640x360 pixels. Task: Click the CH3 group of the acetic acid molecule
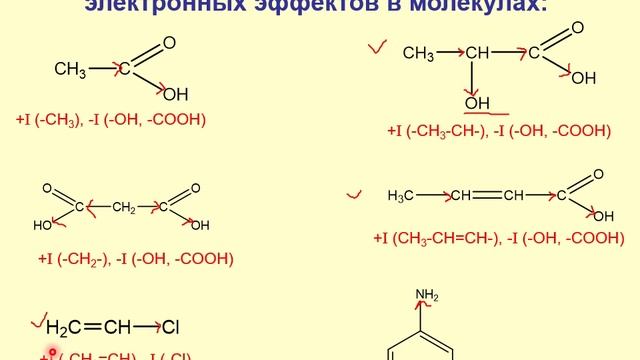coord(70,69)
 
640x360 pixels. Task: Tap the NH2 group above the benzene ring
coord(427,295)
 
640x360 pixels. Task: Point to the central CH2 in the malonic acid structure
coord(124,208)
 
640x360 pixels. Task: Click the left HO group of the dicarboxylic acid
coord(42,226)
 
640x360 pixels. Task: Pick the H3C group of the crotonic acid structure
coord(401,195)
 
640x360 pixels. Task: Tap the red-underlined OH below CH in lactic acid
coord(477,103)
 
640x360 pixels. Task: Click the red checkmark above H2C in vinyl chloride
coord(40,319)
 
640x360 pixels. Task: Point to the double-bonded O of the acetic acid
coord(169,43)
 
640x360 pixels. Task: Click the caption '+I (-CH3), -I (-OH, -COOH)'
coord(111,119)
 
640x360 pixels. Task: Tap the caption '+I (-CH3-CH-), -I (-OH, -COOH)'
coord(499,131)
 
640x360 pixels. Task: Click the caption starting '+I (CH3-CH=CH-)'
coord(499,238)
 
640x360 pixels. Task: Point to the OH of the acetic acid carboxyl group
coord(175,94)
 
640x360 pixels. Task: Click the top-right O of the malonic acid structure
coord(195,188)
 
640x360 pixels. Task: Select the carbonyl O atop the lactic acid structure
coord(578,28)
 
